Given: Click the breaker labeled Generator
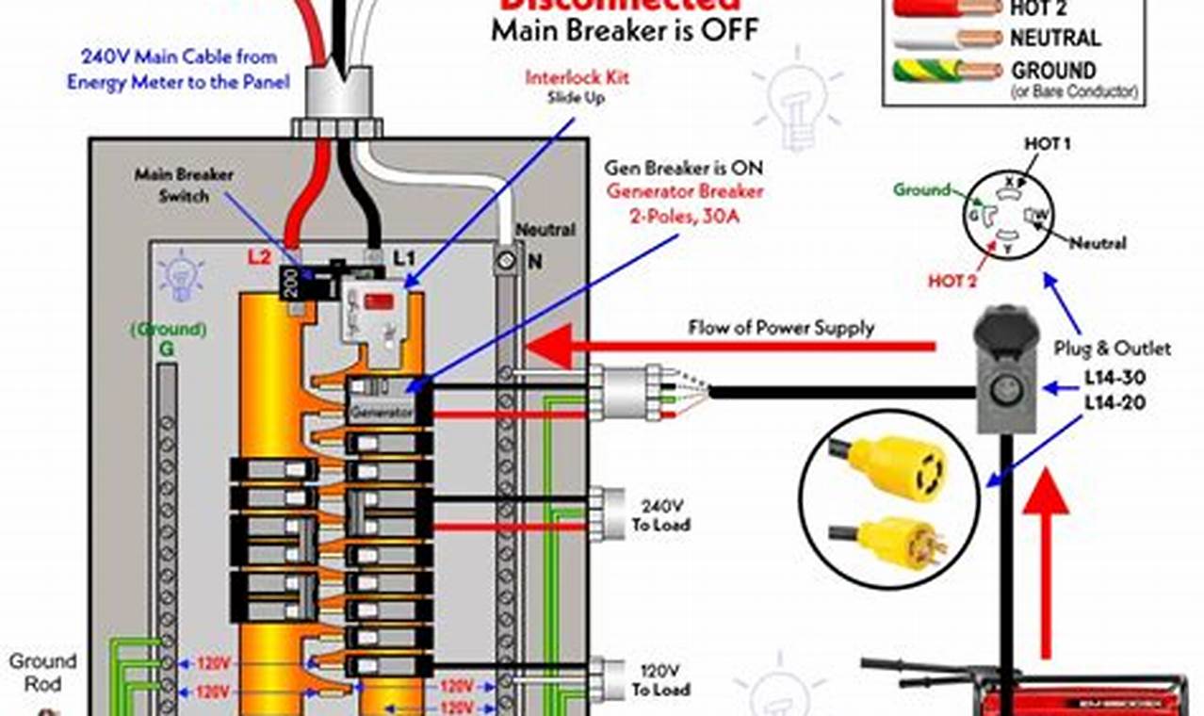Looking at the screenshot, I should tap(382, 412).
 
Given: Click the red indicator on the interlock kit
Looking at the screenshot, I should tap(381, 303).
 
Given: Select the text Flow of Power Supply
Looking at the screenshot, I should tap(781, 329).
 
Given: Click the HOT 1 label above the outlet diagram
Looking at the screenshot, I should tap(1047, 144).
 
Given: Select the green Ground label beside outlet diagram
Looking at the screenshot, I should tap(921, 190).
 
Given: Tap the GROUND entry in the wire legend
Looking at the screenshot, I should tap(1053, 71).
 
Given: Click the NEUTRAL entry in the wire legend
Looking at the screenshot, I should tap(1054, 39).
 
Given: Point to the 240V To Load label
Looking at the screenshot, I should tap(659, 514).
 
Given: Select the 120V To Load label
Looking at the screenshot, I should tap(659, 680).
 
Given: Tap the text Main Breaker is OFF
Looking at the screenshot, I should tap(624, 29).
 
